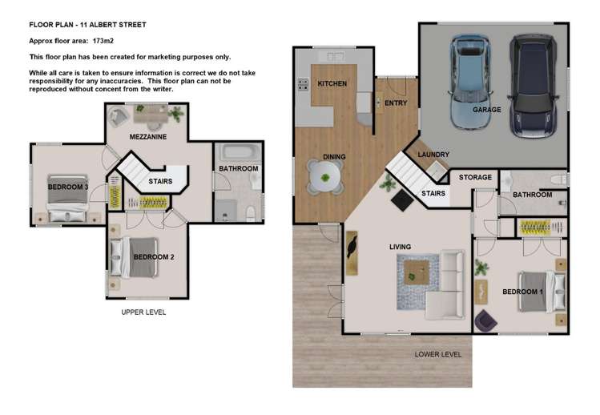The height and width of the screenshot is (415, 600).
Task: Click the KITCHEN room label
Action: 332,84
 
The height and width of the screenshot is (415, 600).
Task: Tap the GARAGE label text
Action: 487,110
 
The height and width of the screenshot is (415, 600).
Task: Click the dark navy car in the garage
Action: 532,84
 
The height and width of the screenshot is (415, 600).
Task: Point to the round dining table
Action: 325,176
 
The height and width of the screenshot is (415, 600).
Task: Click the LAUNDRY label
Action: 433,155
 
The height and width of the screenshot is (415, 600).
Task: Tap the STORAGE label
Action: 475,177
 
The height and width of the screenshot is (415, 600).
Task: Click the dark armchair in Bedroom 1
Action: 485,321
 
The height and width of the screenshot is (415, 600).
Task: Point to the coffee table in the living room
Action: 415,272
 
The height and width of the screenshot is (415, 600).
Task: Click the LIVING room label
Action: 401,246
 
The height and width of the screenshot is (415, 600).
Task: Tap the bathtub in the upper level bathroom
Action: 237,152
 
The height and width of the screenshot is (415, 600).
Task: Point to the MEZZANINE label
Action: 148,138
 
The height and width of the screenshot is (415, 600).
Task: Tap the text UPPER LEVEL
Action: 143,312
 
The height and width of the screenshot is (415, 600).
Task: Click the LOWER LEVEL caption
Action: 438,353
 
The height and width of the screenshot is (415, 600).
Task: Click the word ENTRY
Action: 396,103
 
